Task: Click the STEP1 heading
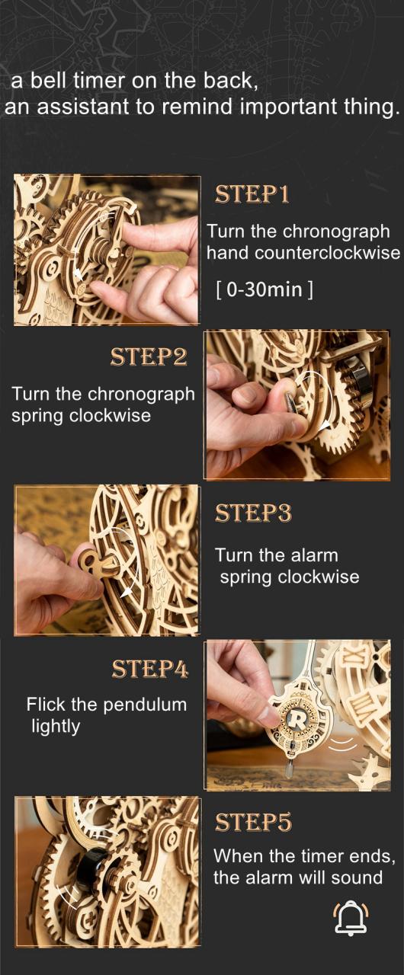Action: click(x=252, y=194)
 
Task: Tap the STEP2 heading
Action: click(x=149, y=357)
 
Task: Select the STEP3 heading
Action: click(x=253, y=513)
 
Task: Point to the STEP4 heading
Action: click(x=150, y=669)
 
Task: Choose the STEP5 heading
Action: click(x=253, y=822)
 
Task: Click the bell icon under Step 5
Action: click(x=351, y=918)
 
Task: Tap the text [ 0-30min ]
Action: click(x=265, y=289)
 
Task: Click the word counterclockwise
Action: click(x=327, y=252)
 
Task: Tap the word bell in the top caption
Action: click(x=51, y=81)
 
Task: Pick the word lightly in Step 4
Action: click(x=56, y=727)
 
